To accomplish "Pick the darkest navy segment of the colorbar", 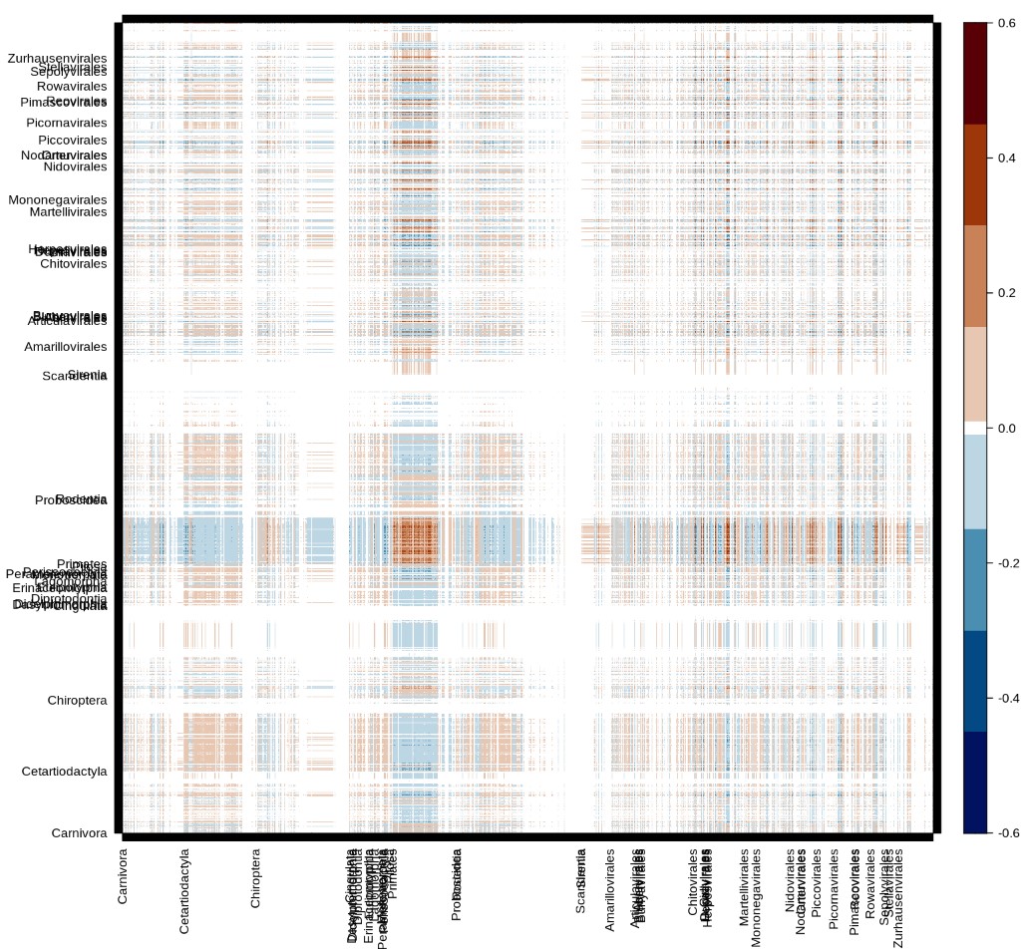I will (975, 783).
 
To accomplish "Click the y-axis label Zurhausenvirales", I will (57, 60).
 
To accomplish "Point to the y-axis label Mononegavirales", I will (57, 200).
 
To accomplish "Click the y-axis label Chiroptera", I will (77, 701).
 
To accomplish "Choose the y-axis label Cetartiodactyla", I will (64, 772).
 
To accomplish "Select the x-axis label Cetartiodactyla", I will (184, 892).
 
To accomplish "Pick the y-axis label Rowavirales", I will (71, 87).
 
